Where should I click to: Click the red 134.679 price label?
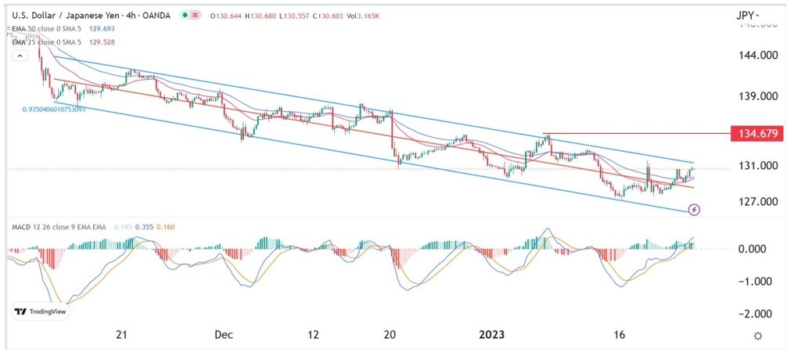click(x=756, y=134)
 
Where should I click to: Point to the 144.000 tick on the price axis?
click(x=756, y=56)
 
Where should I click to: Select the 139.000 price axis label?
click(x=756, y=95)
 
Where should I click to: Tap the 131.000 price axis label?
click(x=756, y=166)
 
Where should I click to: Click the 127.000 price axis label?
click(x=756, y=201)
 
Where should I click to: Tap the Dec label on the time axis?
click(x=224, y=335)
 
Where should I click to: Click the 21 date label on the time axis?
click(x=121, y=335)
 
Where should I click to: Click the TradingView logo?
click(x=43, y=312)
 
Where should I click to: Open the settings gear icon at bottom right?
click(x=758, y=336)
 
